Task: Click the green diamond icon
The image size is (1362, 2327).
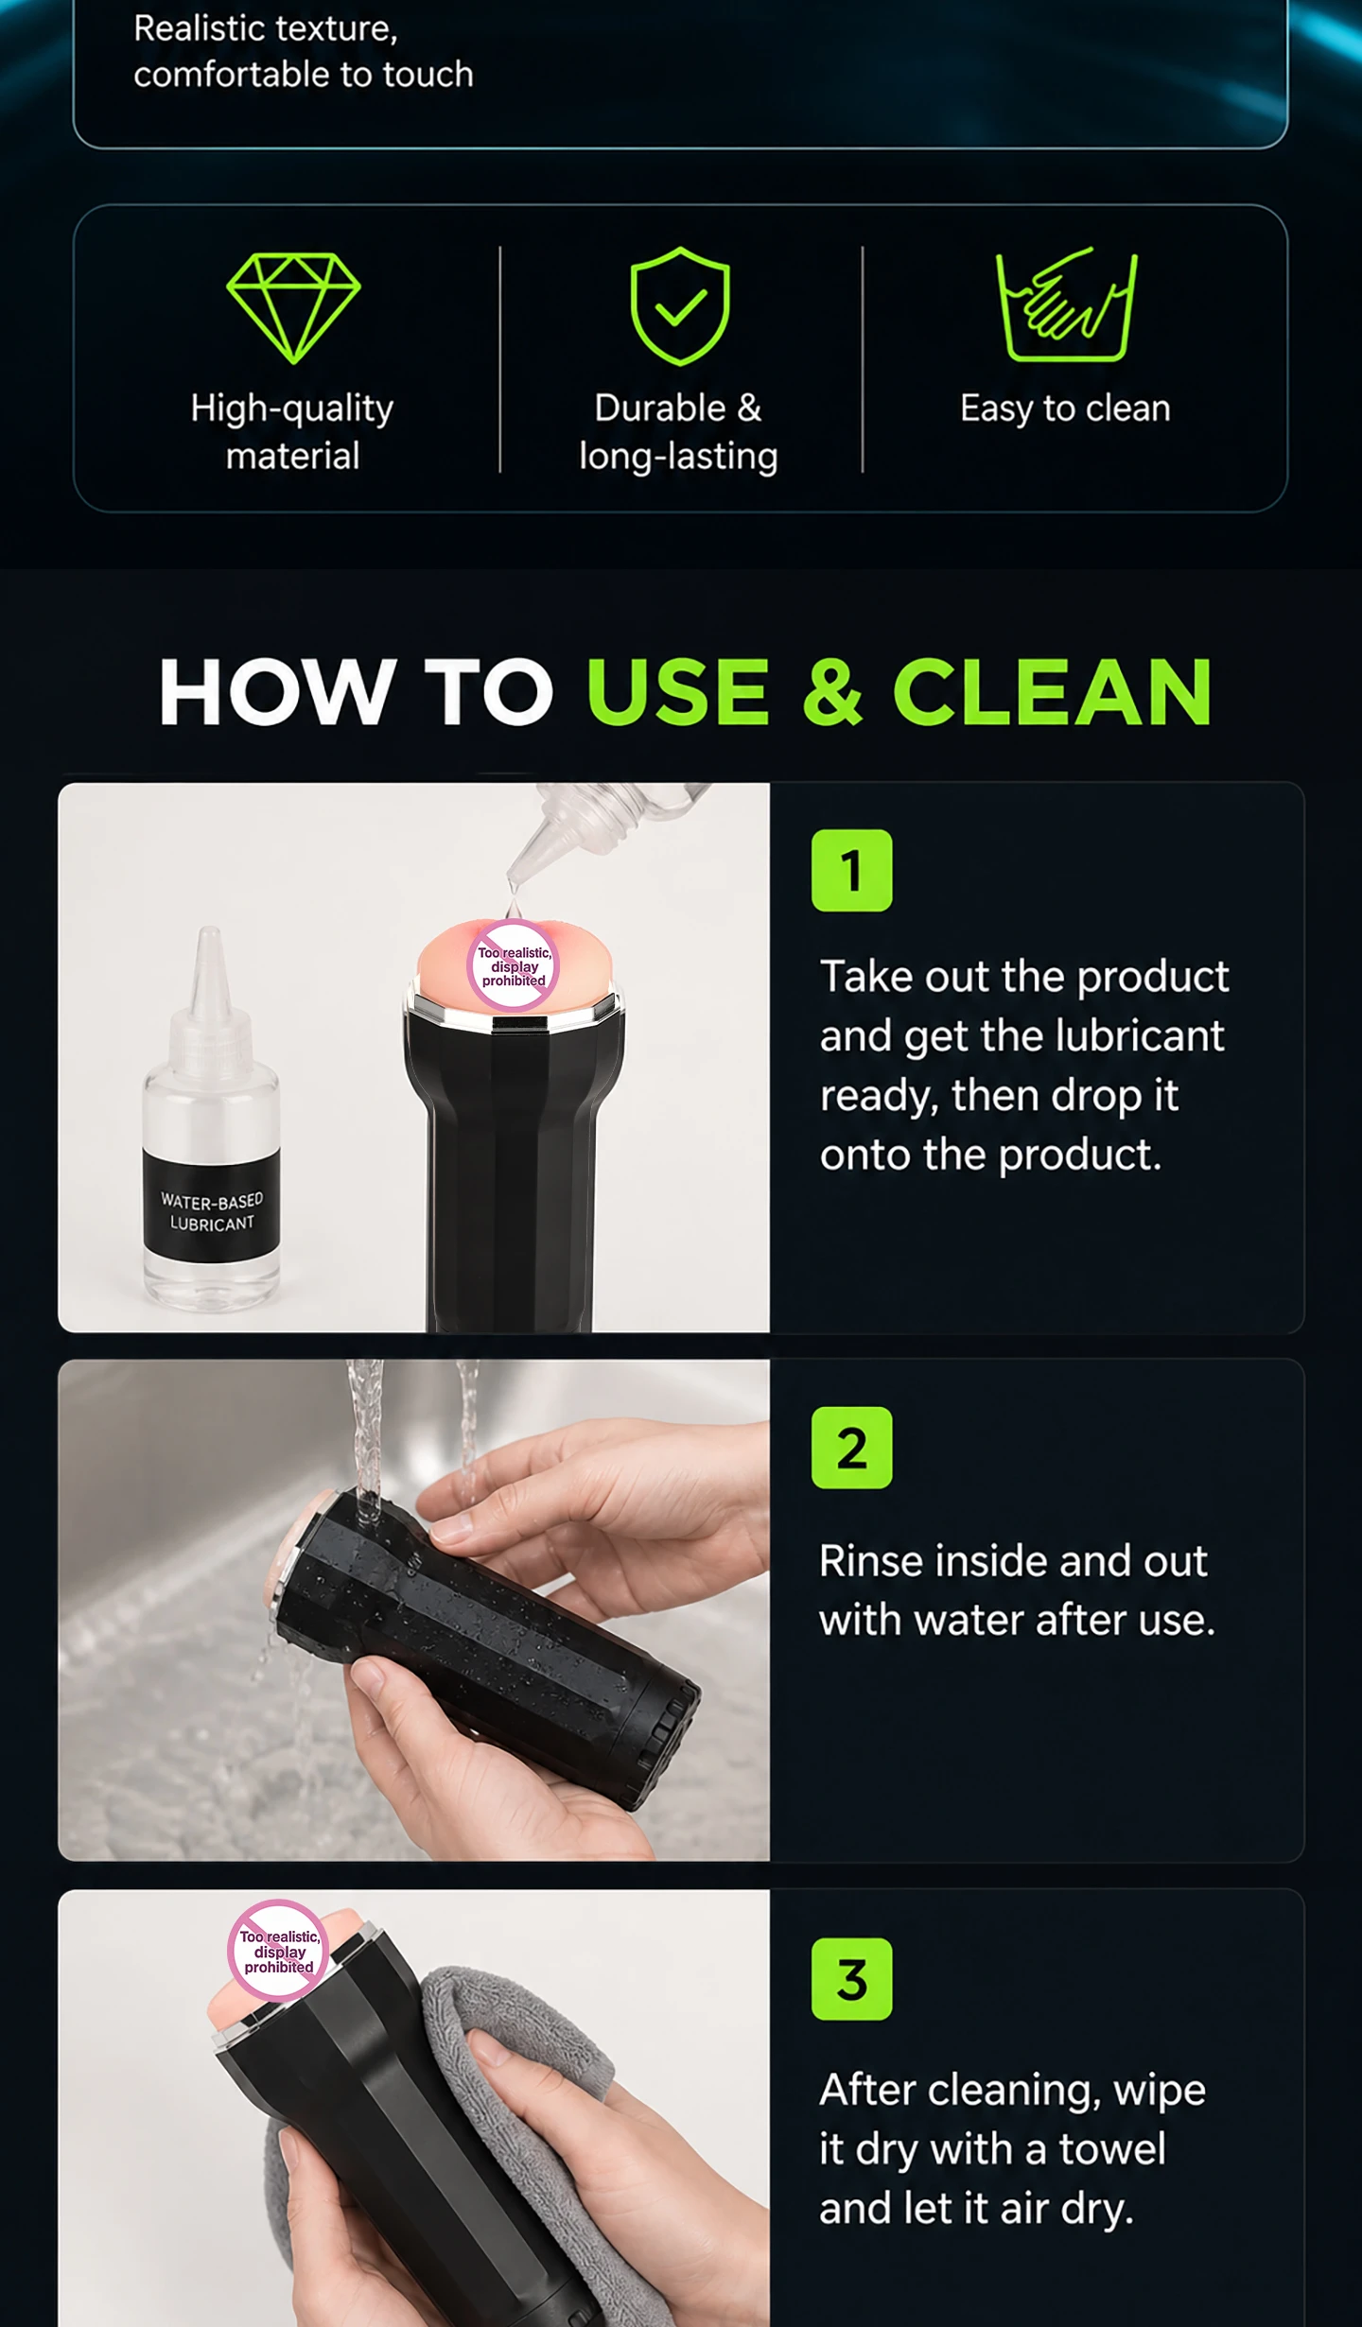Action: coord(293,307)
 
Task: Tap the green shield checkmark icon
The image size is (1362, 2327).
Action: coord(680,306)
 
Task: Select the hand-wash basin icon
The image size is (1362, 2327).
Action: coord(1066,304)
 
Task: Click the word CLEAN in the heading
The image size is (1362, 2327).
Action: coord(1052,692)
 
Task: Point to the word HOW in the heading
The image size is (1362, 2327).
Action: coord(277,692)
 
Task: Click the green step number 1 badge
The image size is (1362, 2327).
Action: coord(851,870)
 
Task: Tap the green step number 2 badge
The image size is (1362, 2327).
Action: coord(851,1448)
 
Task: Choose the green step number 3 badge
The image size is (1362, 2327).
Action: coord(851,1979)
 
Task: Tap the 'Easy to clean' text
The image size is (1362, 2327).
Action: coord(1065,408)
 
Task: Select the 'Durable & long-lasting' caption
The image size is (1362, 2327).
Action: coord(678,432)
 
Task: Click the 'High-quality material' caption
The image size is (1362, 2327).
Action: coord(292,432)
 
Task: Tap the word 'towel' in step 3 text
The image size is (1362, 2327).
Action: coord(1112,2149)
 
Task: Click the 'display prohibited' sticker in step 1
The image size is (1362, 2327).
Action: coord(514,966)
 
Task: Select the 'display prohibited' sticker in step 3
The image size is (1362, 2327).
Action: coord(278,1950)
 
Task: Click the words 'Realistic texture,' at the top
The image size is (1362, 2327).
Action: coord(266,29)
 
